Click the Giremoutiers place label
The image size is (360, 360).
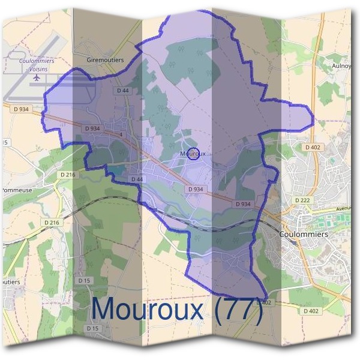(x=105, y=60)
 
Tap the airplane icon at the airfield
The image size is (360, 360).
(x=37, y=77)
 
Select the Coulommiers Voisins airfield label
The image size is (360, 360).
(x=37, y=65)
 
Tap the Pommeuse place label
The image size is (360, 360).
(x=16, y=190)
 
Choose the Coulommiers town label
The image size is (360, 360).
(x=304, y=235)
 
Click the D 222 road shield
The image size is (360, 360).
(x=302, y=199)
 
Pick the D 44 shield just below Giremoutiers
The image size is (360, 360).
(x=122, y=90)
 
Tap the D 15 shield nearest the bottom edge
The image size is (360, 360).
(x=92, y=328)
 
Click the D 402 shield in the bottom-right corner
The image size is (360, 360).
(x=311, y=311)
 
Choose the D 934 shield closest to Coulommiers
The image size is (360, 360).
(x=243, y=204)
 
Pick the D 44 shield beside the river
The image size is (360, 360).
(x=137, y=179)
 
